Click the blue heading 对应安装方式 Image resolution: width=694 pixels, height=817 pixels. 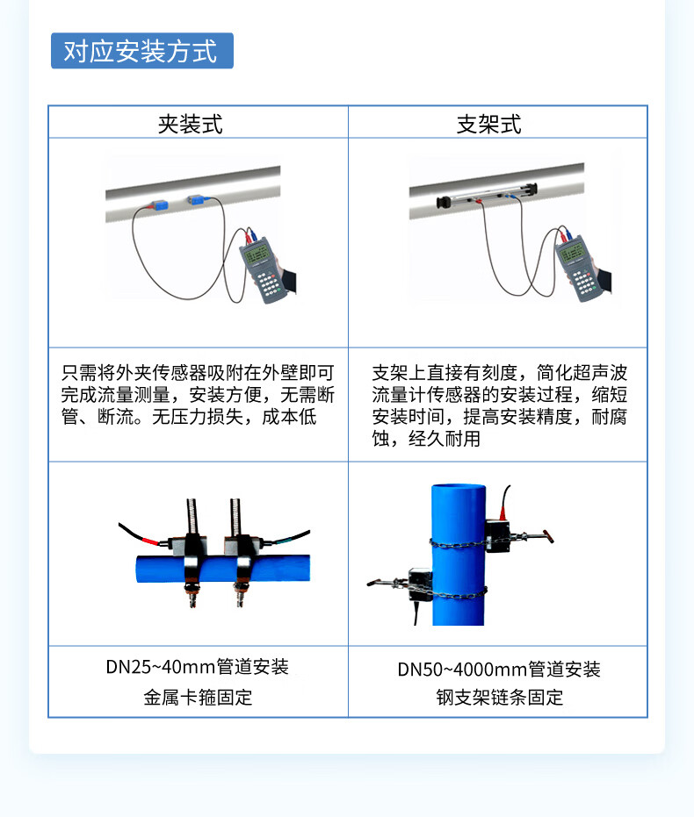[x=141, y=51]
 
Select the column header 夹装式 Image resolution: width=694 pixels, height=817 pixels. [x=191, y=124]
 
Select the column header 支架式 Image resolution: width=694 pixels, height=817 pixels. [x=489, y=124]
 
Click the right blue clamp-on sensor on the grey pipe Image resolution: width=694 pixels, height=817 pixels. [x=197, y=199]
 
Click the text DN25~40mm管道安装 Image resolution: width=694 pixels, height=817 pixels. [x=197, y=667]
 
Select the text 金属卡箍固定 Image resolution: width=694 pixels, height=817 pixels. [x=198, y=697]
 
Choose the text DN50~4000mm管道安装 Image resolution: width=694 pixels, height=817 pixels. [x=499, y=670]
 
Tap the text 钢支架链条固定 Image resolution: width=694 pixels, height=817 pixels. [x=500, y=697]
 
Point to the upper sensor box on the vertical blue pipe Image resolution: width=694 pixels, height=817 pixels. [x=497, y=535]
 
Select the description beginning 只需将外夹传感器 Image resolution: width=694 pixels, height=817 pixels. [x=198, y=395]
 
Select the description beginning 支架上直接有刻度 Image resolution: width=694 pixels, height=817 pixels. [x=500, y=406]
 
